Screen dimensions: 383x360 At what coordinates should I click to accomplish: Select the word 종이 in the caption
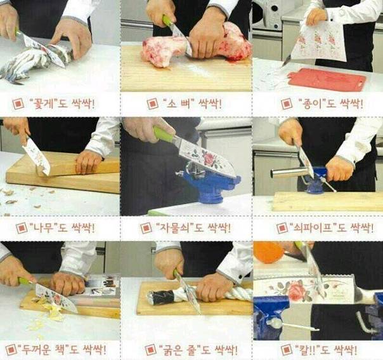point(314,103)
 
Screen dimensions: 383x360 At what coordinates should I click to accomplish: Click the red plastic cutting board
point(327,79)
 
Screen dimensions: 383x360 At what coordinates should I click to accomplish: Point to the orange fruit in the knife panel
point(268,252)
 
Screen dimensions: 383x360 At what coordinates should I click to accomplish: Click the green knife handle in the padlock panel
point(164,135)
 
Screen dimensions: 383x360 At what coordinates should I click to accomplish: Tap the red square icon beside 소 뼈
point(153,103)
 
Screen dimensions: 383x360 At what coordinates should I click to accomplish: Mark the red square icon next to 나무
point(22,228)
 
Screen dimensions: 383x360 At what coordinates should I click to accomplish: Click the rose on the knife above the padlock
point(209,159)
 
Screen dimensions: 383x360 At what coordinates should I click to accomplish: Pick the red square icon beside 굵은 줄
point(150,350)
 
